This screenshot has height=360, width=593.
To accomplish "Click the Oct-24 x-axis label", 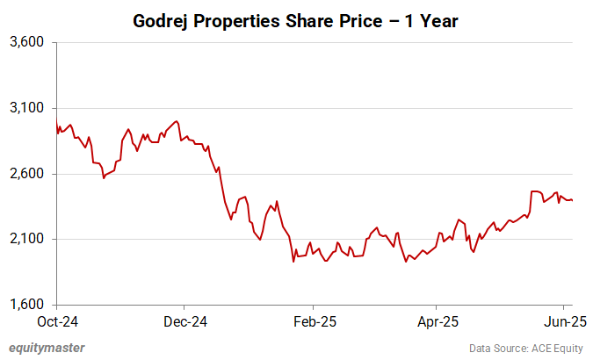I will click(x=57, y=321).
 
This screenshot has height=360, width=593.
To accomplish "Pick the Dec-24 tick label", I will click(x=185, y=321).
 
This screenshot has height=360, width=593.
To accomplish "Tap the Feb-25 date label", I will click(x=315, y=321).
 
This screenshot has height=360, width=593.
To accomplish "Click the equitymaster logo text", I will click(x=47, y=348).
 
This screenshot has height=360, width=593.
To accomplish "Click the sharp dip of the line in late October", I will click(x=104, y=178).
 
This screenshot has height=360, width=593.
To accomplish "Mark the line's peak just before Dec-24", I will click(x=177, y=121).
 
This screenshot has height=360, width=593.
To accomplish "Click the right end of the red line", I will click(x=573, y=200).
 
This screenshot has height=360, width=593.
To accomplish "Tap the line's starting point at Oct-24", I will click(x=56, y=120).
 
